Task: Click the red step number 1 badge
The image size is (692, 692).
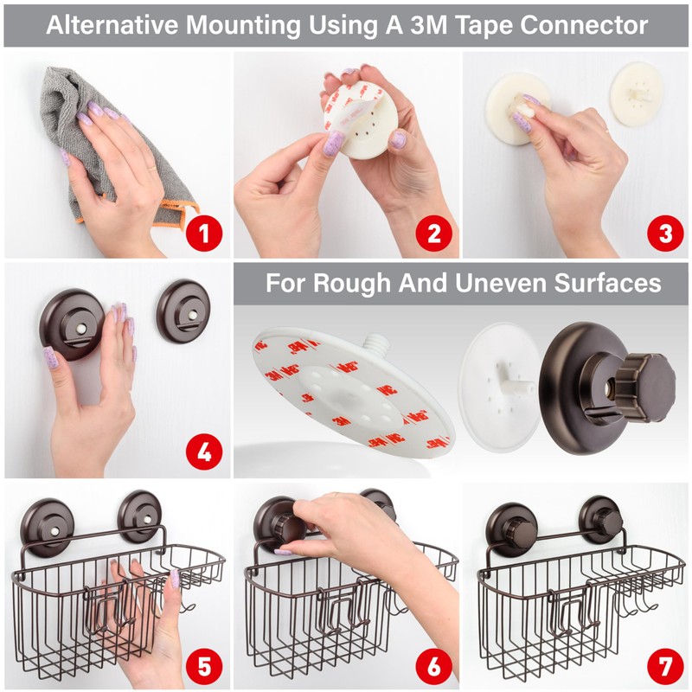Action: tap(203, 232)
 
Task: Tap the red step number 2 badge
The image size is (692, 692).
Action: tap(433, 232)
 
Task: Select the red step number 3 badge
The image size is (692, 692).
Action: tap(664, 232)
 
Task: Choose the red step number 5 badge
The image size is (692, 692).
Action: tap(203, 667)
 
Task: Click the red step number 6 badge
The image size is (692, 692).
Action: tap(433, 667)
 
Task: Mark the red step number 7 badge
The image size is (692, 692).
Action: tap(664, 667)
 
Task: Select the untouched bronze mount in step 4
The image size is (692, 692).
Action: tap(183, 310)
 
